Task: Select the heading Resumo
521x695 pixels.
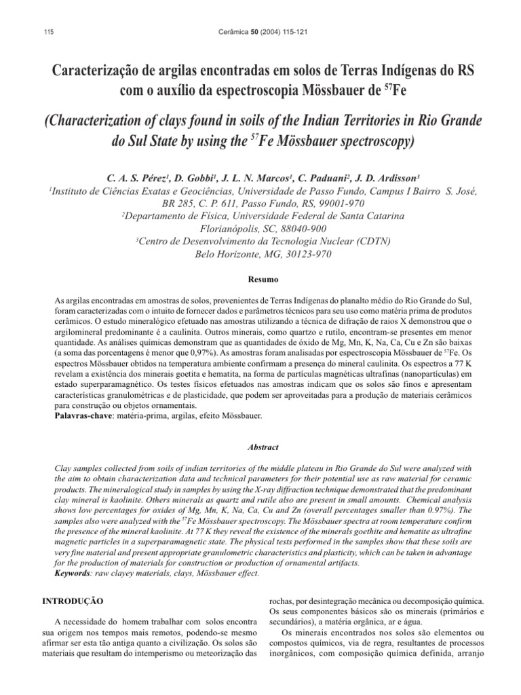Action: click(260, 279)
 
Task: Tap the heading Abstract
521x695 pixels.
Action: click(260, 448)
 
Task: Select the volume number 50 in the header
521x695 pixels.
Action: click(255, 32)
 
